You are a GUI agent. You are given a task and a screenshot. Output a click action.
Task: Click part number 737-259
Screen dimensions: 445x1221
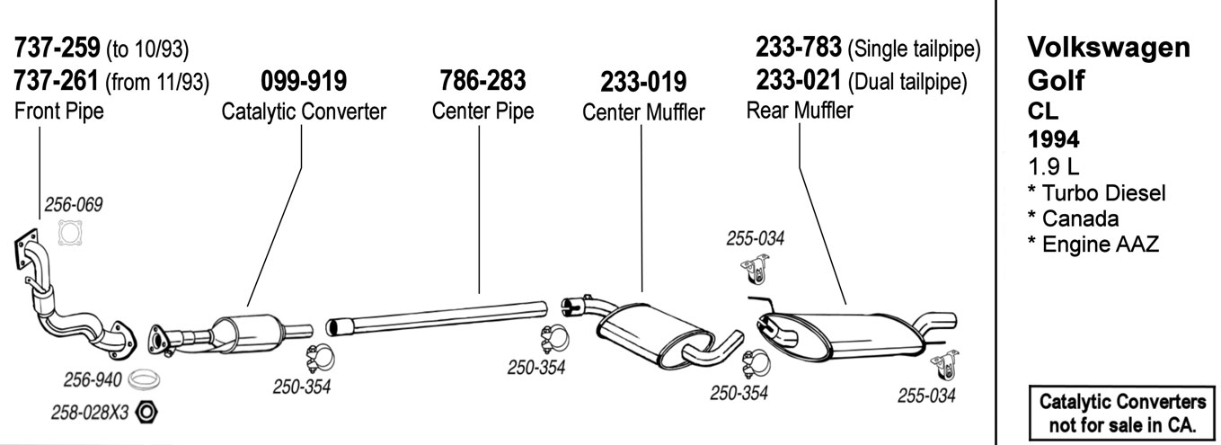58,46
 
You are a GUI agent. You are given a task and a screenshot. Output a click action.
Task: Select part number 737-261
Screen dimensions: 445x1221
58,82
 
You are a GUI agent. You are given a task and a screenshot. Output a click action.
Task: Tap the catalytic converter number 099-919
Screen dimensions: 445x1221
304,82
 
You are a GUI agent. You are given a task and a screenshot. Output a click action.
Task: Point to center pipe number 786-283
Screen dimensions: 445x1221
482,81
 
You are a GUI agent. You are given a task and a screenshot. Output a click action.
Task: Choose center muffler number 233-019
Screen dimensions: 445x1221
643,83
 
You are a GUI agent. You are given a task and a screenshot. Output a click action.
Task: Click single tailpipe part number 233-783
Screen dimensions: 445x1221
799,46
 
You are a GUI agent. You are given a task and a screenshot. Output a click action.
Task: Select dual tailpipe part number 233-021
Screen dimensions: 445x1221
799,82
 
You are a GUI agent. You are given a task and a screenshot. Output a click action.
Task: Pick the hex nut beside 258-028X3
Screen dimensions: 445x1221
150,413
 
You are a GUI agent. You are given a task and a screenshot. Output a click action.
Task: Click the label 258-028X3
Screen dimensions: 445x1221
90,413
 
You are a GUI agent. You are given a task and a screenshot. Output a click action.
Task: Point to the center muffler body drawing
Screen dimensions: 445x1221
651,328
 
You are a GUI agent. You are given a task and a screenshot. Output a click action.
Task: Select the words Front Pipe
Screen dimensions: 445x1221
59,111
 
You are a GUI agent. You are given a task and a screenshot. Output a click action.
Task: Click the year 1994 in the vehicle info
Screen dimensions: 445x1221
1053,139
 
